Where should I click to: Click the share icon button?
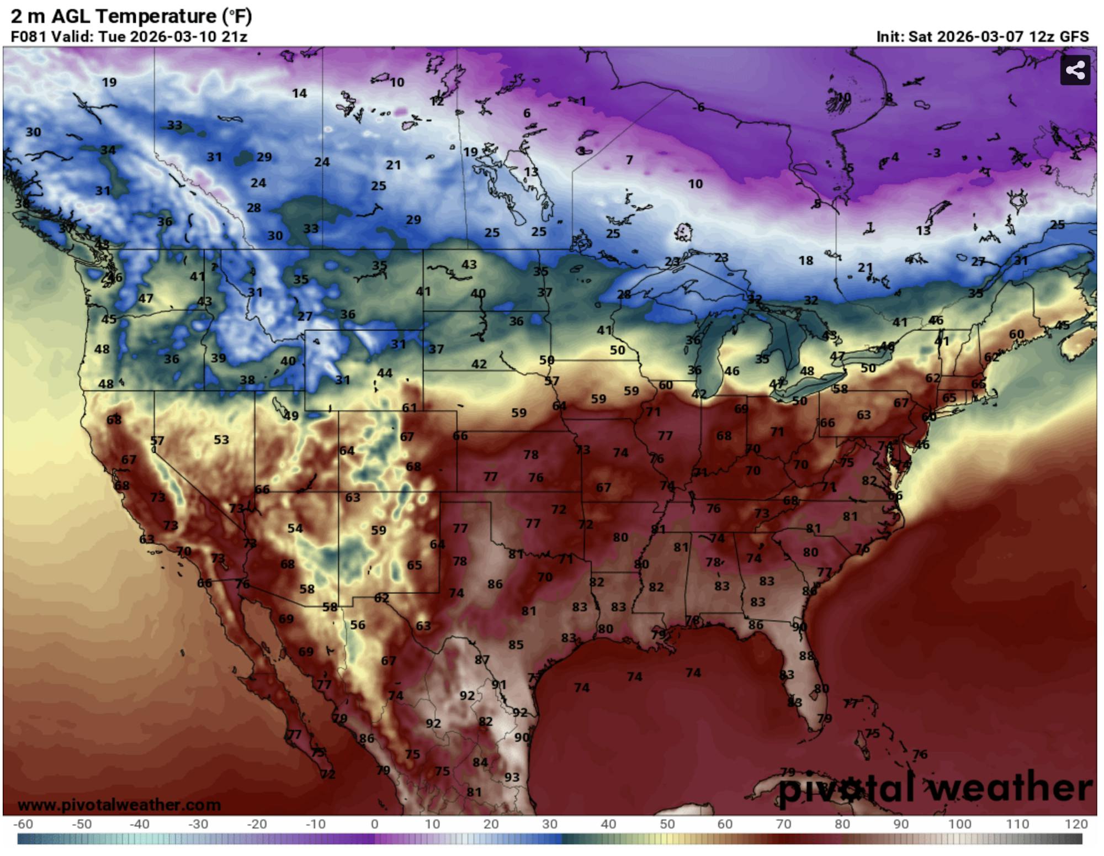[x=1075, y=70]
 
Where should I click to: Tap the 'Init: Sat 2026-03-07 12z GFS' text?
[x=982, y=36]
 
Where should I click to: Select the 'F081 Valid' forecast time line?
[x=129, y=36]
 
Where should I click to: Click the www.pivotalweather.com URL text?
[x=119, y=805]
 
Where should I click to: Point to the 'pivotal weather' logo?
[x=935, y=788]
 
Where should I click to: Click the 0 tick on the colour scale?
[x=375, y=824]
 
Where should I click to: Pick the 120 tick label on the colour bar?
[x=1076, y=824]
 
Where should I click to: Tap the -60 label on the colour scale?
[x=23, y=824]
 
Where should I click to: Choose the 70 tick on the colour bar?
[x=783, y=824]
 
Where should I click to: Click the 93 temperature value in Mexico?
[x=512, y=777]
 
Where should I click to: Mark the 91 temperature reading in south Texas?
[x=499, y=684]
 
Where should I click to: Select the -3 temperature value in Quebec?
[x=933, y=152]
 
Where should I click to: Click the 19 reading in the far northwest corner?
[x=109, y=82]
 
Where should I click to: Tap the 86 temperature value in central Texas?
[x=495, y=584]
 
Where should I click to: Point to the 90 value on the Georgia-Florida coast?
[x=799, y=627]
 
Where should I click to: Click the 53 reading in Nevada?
[x=221, y=440]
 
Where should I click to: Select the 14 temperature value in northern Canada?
[x=299, y=93]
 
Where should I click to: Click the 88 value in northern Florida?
[x=806, y=656]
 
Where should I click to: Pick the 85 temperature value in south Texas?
[x=516, y=644]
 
